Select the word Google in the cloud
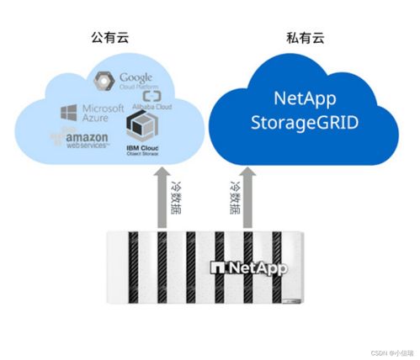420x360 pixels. (137, 77)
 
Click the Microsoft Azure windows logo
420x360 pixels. (69, 112)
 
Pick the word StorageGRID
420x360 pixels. (305, 123)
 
